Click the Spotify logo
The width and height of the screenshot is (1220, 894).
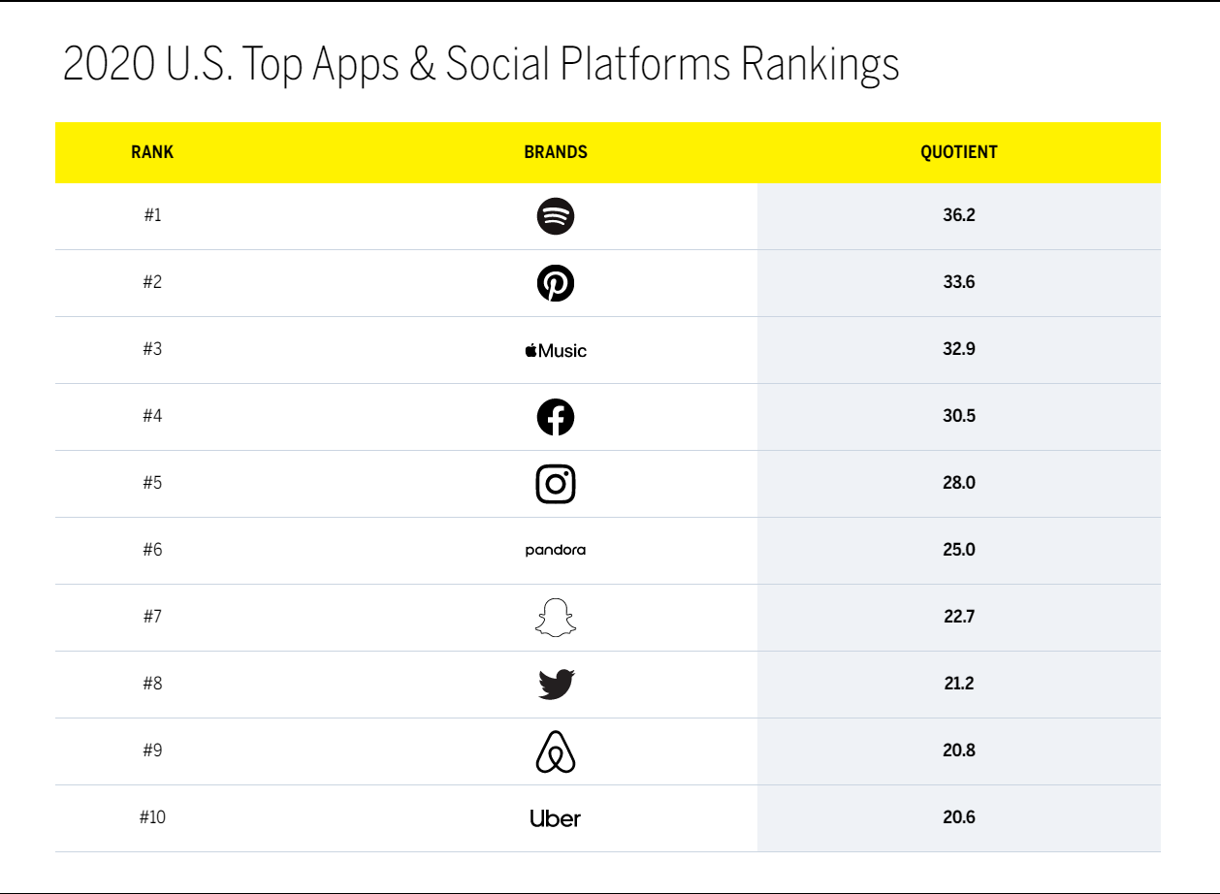(556, 216)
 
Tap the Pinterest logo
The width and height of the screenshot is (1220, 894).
(556, 283)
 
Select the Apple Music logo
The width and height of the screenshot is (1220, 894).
(556, 350)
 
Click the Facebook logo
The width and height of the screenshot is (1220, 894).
(556, 417)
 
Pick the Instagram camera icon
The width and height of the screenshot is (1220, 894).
(556, 484)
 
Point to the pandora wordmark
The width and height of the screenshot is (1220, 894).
(556, 551)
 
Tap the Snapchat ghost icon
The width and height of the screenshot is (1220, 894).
(556, 618)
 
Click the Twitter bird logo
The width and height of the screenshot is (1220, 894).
(557, 685)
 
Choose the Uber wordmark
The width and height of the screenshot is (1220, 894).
(556, 818)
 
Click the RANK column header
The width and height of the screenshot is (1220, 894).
(152, 152)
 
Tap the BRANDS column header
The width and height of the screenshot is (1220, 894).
(556, 152)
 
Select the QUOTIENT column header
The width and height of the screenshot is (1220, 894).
(958, 152)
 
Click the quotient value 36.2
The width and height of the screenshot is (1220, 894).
(958, 215)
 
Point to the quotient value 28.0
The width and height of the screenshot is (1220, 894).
(958, 483)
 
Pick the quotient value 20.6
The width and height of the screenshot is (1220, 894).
(958, 817)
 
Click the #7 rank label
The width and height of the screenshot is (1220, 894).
(152, 617)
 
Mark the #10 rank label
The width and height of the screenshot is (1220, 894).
(152, 817)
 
